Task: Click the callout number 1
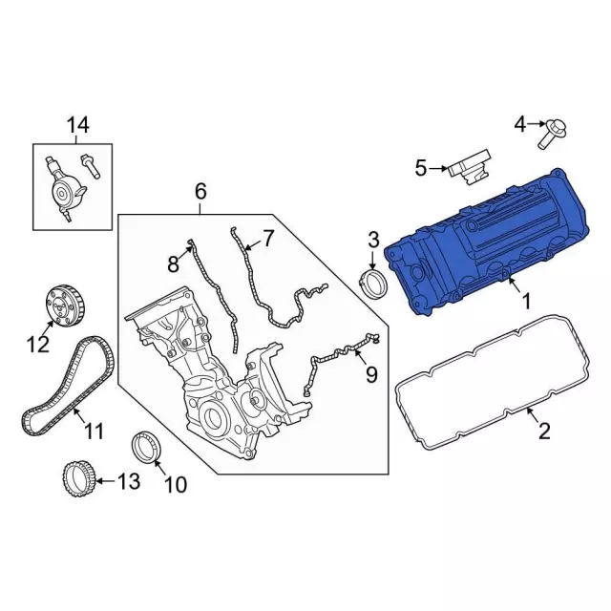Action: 525,301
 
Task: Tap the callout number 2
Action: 544,432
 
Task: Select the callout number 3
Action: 373,238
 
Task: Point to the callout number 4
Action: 520,123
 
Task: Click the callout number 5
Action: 421,169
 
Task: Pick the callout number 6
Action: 200,191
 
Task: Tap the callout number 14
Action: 76,125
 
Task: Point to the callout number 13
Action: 127,482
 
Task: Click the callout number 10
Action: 176,485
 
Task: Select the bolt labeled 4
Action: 551,133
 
